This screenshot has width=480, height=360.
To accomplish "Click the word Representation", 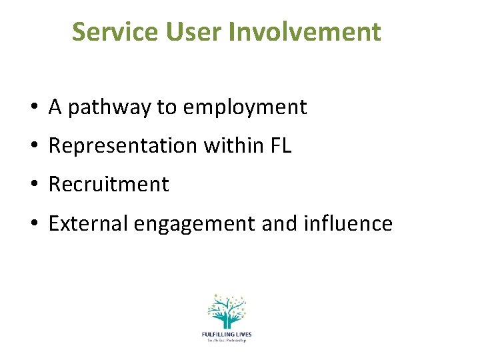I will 124,146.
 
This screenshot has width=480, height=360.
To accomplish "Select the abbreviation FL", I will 281,146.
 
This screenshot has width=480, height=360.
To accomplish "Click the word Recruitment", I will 109,185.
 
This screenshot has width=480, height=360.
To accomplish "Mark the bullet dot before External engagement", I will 33,224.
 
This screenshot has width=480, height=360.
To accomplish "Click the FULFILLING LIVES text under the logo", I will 226,334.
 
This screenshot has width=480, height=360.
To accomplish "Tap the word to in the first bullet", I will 165,107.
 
